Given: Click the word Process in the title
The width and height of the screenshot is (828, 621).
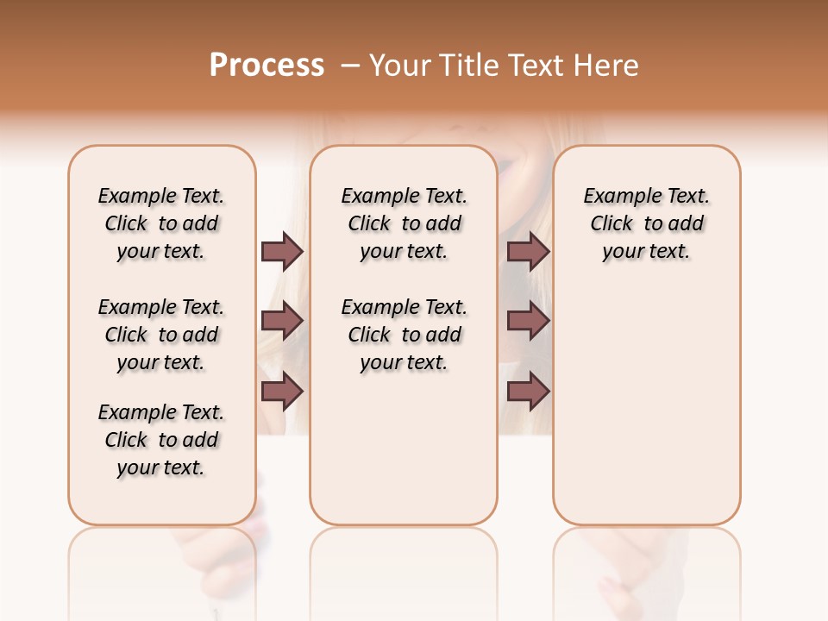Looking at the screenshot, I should coord(267,66).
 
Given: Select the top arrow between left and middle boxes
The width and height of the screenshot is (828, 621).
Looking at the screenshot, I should coord(282,251).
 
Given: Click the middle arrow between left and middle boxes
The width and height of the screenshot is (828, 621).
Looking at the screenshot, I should coord(282,322).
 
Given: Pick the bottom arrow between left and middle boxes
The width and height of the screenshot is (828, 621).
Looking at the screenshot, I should coord(282,392).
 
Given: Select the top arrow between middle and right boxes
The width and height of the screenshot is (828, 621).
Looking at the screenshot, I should coord(529,251).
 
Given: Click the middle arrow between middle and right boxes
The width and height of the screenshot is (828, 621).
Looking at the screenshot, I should coord(529,322).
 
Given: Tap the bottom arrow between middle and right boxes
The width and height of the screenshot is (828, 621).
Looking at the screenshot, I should coord(529,392).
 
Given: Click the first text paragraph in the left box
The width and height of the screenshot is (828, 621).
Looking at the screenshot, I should coord(161,223).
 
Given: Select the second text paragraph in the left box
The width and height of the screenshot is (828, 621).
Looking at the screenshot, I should coord(161,335).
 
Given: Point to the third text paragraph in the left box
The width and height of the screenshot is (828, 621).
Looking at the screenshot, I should coord(161,440).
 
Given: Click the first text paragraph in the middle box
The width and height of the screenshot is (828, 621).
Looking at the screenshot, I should coord(405,223).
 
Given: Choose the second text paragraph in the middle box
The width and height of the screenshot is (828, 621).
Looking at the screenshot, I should coord(405,335).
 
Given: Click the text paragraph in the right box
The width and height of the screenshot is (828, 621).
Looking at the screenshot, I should coord(647,223).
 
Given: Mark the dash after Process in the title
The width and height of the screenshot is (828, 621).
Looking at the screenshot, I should coord(350,66).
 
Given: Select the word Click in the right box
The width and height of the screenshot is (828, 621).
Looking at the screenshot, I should coord(612,224).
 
